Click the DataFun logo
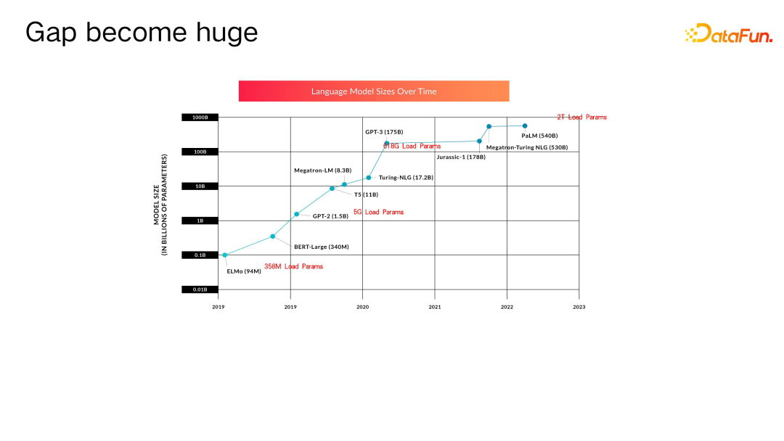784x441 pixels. click(729, 33)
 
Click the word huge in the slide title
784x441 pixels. click(226, 33)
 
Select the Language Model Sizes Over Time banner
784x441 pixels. click(374, 91)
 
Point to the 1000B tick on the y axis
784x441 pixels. click(200, 118)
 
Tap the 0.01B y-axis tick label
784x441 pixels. click(200, 289)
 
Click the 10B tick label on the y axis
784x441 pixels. click(200, 186)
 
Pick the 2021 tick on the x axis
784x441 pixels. click(435, 307)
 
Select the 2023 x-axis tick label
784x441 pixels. click(579, 307)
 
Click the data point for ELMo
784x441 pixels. click(225, 255)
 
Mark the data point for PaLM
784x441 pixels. click(525, 126)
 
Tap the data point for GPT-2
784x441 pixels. click(296, 214)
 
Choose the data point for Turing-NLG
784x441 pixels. click(369, 178)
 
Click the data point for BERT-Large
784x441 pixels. click(272, 236)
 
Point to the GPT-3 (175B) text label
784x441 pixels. click(384, 132)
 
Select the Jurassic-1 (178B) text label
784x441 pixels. click(461, 157)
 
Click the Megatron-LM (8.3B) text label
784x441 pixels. click(322, 170)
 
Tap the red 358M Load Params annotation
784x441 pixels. click(293, 266)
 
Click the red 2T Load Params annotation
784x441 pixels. click(582, 117)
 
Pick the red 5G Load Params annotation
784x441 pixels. click(378, 212)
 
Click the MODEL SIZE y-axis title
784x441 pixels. click(160, 205)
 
